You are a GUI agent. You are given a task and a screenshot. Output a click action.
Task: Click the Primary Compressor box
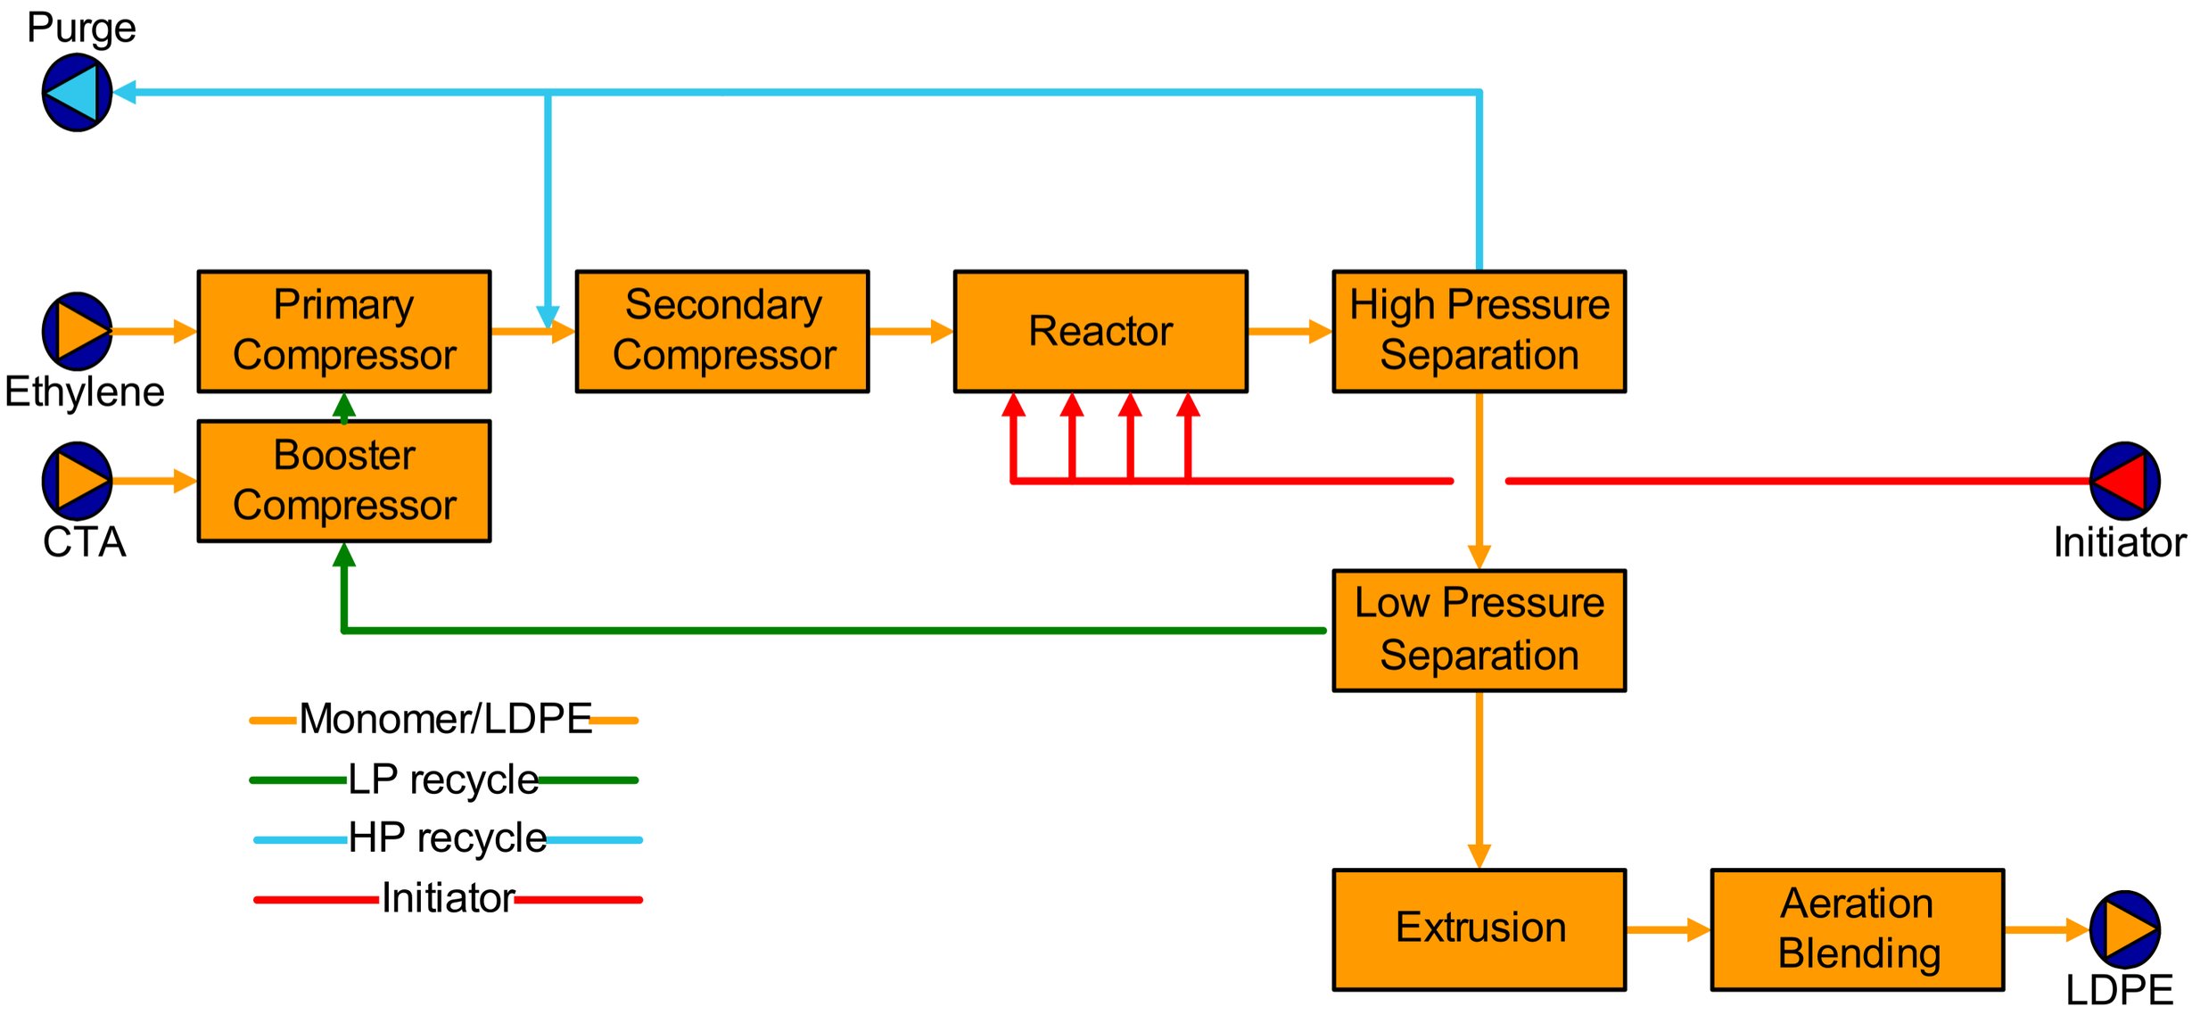click(343, 331)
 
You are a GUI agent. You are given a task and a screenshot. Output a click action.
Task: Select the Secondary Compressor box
click(722, 331)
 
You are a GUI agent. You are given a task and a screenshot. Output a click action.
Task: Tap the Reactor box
click(1100, 331)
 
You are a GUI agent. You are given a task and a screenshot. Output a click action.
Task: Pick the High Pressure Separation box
click(1479, 331)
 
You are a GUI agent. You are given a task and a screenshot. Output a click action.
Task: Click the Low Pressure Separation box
click(1479, 630)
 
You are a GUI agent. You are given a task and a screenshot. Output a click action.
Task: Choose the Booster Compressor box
click(343, 481)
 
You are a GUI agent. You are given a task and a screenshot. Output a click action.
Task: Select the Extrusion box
click(1479, 929)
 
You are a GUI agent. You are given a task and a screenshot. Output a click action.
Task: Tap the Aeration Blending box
click(1857, 929)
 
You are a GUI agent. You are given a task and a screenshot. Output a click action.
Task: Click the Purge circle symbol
click(78, 92)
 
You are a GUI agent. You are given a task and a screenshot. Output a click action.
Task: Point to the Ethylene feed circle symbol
click(78, 331)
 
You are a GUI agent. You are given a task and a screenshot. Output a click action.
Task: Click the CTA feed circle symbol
click(78, 481)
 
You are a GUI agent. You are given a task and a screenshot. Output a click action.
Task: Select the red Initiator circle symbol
click(2124, 481)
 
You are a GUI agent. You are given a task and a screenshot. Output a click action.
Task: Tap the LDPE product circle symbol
click(2124, 929)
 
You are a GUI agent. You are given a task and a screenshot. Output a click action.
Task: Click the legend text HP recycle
click(447, 838)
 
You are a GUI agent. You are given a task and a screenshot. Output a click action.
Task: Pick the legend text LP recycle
click(443, 780)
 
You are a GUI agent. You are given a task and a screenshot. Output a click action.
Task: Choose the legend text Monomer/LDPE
click(445, 719)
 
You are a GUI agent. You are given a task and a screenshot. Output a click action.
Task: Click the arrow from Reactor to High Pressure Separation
click(1290, 331)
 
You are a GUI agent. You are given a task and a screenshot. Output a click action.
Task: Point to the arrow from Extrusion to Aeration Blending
click(1668, 929)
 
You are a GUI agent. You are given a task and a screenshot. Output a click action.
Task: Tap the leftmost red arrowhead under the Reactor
click(1013, 406)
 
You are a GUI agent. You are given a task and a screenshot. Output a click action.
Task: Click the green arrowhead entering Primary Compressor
click(344, 407)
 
